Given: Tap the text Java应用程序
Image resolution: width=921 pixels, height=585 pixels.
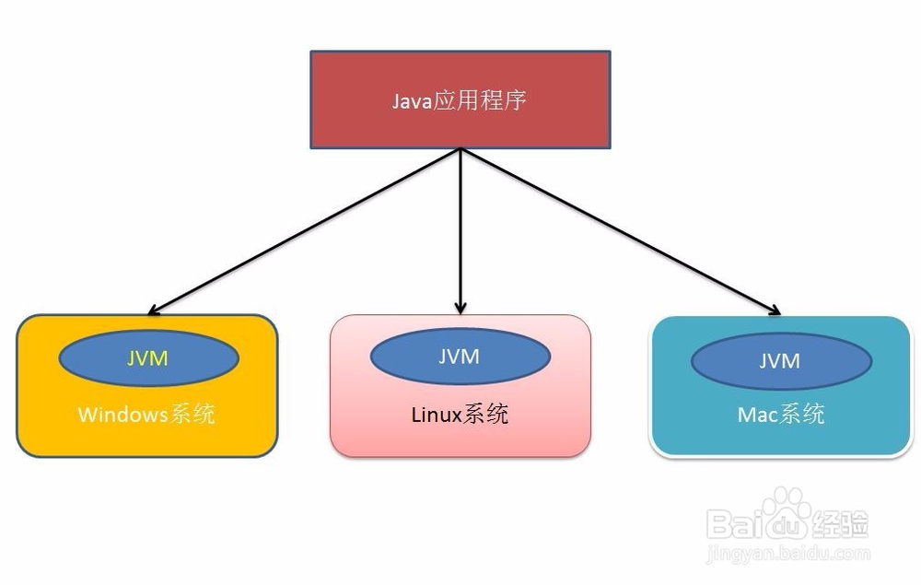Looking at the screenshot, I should tap(460, 99).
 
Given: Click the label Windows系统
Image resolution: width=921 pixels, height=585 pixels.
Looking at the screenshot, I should tap(146, 414).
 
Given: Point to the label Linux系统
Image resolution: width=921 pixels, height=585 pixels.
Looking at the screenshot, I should tap(460, 414).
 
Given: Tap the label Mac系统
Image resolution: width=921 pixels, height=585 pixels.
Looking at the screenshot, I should tap(781, 414).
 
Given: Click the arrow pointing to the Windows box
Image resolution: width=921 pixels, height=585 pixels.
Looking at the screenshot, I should tap(304, 231).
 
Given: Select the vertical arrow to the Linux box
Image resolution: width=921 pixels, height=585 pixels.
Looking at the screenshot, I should tap(460, 230).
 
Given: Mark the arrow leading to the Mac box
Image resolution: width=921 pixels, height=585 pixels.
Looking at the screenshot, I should tap(617, 230).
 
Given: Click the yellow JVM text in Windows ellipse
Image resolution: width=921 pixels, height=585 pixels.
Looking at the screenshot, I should tap(147, 357).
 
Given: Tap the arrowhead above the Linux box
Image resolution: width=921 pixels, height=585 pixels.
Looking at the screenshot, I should tap(460, 307).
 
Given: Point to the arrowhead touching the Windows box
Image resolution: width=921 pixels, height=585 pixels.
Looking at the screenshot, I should tap(154, 310).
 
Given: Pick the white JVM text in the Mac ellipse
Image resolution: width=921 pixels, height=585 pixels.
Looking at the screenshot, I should tap(779, 361).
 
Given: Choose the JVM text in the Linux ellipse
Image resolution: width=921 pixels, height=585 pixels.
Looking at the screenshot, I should tap(459, 356).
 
